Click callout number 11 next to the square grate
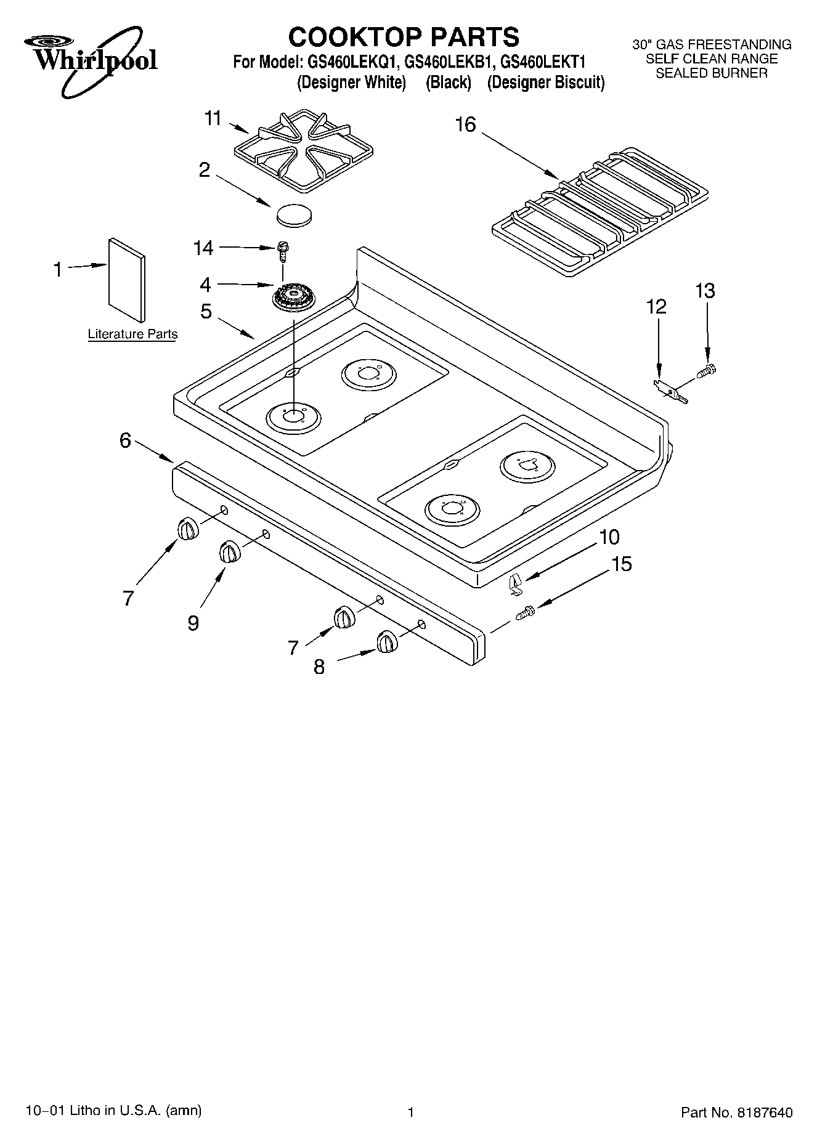tap(213, 118)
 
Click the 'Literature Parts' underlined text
tap(132, 334)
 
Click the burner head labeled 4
tap(294, 299)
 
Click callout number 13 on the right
tap(705, 291)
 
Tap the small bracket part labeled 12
tap(670, 391)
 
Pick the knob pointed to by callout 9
tap(230, 551)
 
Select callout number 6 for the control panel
tap(125, 440)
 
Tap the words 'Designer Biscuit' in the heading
tap(546, 83)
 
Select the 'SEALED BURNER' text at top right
tap(712, 73)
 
